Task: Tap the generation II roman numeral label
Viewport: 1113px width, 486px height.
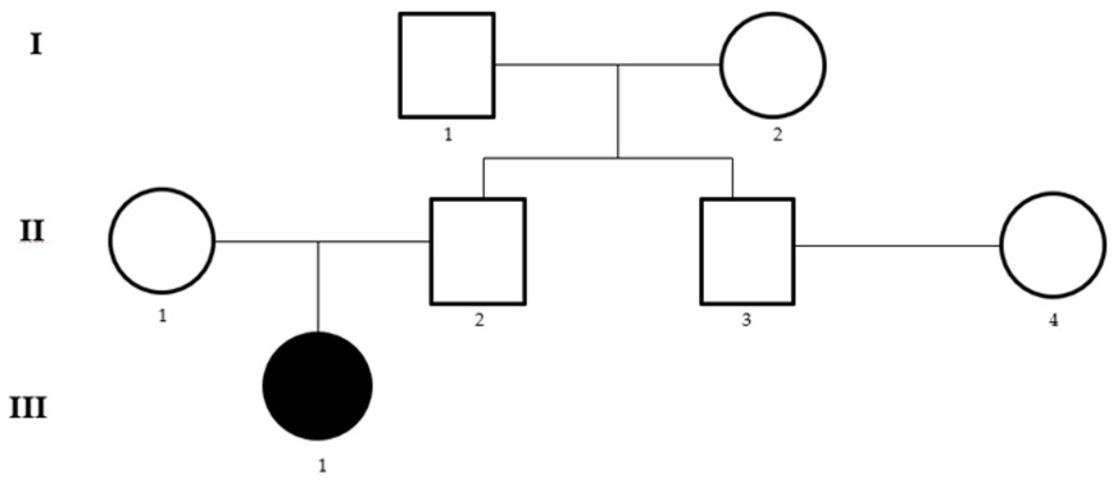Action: (x=32, y=231)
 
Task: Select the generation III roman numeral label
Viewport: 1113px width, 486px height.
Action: (x=28, y=408)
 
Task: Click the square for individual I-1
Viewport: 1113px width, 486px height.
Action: (x=447, y=65)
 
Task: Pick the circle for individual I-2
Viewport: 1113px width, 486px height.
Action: (x=773, y=65)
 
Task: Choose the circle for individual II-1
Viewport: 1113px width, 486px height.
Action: (x=162, y=241)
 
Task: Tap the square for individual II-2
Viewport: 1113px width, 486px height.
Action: (x=478, y=252)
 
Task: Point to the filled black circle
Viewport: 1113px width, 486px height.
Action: (x=318, y=386)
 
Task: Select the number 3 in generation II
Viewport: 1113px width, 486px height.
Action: (x=747, y=320)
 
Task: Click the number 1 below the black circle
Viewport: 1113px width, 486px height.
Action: (x=322, y=466)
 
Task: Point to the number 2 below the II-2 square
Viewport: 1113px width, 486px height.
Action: (x=479, y=320)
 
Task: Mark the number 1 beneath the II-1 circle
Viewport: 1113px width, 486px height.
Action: (x=162, y=317)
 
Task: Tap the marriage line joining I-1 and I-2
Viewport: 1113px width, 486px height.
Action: (x=562, y=65)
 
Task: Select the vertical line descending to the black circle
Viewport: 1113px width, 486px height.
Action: (x=318, y=287)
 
